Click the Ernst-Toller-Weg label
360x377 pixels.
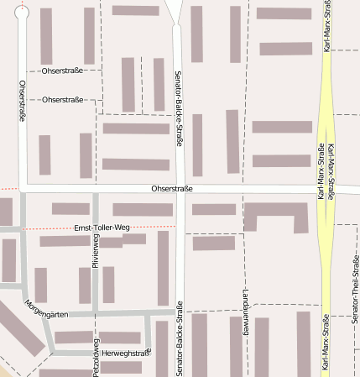coord(102,228)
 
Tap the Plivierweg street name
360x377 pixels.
coord(96,252)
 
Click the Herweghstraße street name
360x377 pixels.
coord(127,353)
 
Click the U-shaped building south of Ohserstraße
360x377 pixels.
coord(275,215)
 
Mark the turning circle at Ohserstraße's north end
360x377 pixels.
coord(22,12)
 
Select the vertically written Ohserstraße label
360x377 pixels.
coord(23,101)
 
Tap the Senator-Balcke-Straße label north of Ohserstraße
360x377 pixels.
coord(179,109)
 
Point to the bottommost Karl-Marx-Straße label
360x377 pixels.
coord(325,342)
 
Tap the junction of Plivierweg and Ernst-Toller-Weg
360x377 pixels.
coord(96,227)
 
